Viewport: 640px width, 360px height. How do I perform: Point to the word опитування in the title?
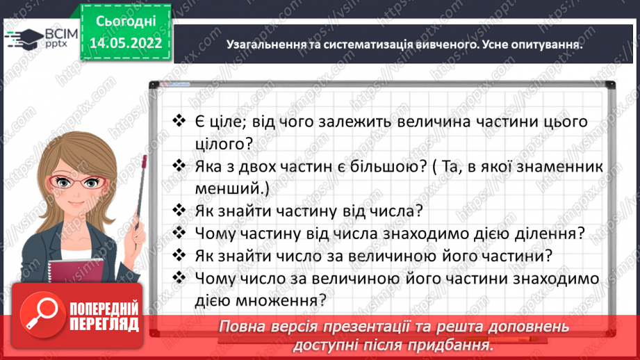(544, 44)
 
